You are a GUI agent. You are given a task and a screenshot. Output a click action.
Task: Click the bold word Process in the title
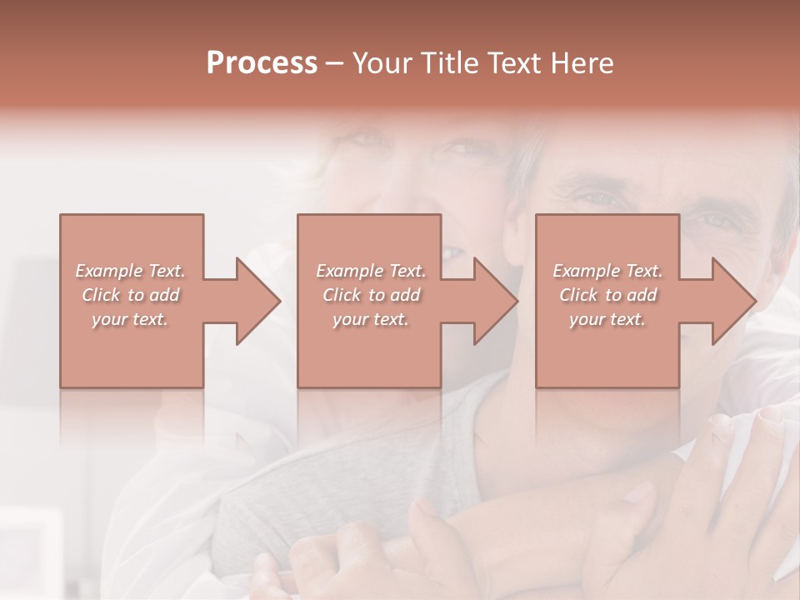[x=262, y=63]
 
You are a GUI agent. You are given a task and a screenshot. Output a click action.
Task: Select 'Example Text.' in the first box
[x=131, y=271]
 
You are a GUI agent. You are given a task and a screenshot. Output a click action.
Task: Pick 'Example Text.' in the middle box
[x=370, y=271]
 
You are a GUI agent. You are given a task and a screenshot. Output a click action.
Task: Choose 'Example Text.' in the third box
[x=607, y=271]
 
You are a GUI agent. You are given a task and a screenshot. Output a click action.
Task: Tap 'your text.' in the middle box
[x=370, y=319]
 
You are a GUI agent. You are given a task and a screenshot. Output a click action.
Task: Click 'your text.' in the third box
[x=607, y=319]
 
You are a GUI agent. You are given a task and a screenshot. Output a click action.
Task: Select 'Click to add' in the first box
[x=131, y=295]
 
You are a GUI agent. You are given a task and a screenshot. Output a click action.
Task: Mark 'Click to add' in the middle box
[x=370, y=295]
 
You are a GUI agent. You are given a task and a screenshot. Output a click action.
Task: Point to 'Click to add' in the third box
[x=607, y=295]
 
